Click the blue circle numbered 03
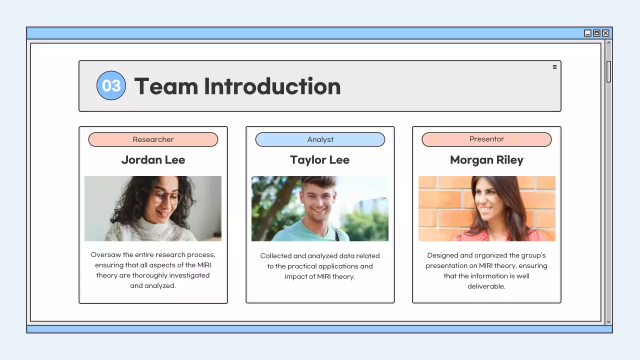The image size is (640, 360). (x=111, y=85)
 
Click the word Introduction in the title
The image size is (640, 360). (x=272, y=86)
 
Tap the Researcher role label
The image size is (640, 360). (x=153, y=139)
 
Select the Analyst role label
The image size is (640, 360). (x=320, y=139)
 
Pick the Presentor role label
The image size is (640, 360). (x=486, y=139)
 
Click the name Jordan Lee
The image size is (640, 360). (x=153, y=160)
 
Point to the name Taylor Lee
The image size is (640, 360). (x=320, y=160)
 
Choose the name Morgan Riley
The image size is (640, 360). (x=486, y=160)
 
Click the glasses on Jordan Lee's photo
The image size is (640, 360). (x=167, y=197)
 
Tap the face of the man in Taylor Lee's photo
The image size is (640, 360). (x=318, y=200)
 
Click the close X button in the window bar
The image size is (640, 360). (x=605, y=33)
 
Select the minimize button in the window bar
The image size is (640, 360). (x=587, y=33)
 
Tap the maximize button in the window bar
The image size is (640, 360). (x=596, y=33)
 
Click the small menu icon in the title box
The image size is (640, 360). (x=554, y=67)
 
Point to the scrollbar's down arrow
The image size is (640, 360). (x=608, y=322)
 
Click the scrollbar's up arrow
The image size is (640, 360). (x=608, y=43)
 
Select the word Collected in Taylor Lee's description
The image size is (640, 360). (x=275, y=255)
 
